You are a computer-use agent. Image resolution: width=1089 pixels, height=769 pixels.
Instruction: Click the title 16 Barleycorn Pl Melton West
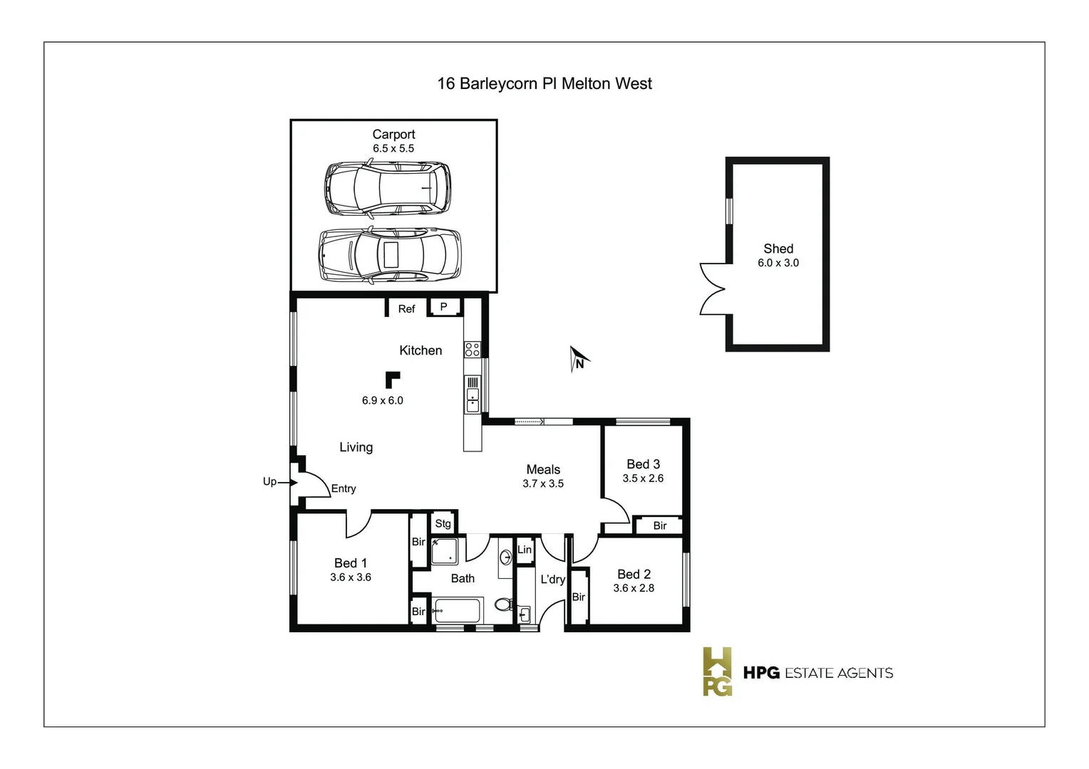pos(544,84)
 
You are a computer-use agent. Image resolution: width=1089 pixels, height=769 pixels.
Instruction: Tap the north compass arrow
pos(579,359)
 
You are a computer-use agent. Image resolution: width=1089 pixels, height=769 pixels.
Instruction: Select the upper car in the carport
pos(388,189)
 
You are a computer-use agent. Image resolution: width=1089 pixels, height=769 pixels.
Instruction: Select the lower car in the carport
pos(389,256)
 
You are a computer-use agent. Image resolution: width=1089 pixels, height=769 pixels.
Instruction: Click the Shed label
pos(778,249)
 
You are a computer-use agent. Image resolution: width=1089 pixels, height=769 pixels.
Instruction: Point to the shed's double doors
pos(713,288)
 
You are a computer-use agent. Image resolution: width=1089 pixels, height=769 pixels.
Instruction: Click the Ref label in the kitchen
pos(406,309)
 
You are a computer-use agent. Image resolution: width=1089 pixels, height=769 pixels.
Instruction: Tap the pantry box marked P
pos(443,307)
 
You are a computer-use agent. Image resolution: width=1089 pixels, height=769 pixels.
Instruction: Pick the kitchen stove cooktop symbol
pos(472,349)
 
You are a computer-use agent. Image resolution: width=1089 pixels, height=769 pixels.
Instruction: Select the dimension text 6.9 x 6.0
pos(382,401)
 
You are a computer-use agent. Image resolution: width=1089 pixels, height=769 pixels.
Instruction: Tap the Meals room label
pos(543,469)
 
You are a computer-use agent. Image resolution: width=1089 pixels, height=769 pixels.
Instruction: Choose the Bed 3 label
pos(643,464)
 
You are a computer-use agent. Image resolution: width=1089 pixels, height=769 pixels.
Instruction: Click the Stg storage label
pos(443,524)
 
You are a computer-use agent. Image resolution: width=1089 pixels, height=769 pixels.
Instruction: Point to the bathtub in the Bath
pos(458,611)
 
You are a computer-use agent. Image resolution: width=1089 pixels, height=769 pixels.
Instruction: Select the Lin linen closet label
pos(525,550)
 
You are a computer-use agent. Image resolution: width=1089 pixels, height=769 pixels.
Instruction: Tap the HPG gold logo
pos(717,671)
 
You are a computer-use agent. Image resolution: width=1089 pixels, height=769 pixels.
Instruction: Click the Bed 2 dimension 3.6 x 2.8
pos(634,588)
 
